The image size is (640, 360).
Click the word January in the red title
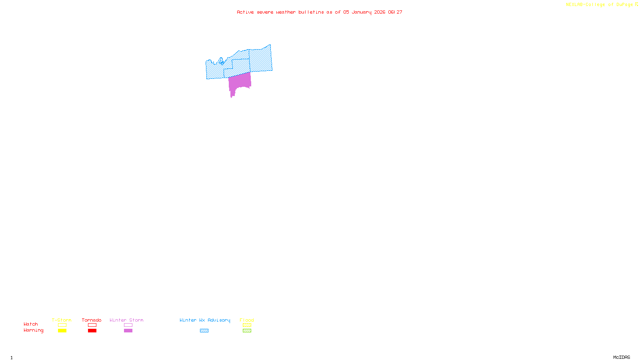(362, 12)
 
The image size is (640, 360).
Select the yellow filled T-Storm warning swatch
(62, 331)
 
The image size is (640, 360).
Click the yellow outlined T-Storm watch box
(62, 325)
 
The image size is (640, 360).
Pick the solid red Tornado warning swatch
(92, 331)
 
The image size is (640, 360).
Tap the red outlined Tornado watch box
(92, 325)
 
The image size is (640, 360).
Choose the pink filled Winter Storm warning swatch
(128, 331)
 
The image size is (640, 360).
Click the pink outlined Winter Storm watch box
(128, 325)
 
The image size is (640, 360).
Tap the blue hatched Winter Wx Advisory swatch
(204, 331)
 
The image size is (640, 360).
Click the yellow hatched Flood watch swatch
(247, 325)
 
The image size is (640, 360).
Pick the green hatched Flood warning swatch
(247, 331)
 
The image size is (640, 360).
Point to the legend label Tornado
(92, 320)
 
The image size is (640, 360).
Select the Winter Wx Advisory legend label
(205, 320)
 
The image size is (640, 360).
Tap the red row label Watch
(31, 324)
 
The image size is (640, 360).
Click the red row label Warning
(33, 330)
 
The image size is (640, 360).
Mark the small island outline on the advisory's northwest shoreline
(221, 61)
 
